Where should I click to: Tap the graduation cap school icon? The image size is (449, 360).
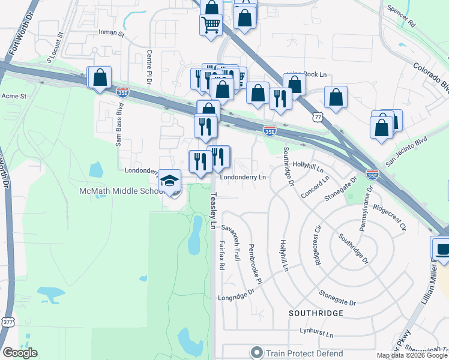170,181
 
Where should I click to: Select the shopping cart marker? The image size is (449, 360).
211,25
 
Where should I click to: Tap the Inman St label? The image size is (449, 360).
112,34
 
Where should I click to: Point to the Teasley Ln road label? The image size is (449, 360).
213,209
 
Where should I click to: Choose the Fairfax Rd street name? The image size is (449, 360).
221,254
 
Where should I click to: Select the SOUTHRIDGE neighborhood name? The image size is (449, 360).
316,313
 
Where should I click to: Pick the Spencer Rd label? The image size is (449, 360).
402,17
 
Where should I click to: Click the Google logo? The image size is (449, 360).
20,353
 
